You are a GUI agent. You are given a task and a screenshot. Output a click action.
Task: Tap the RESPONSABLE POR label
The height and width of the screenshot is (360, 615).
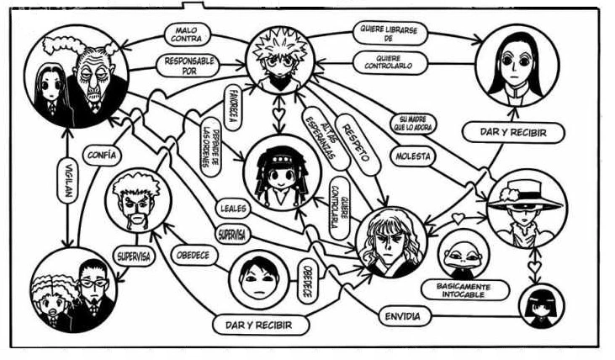pos(187,66)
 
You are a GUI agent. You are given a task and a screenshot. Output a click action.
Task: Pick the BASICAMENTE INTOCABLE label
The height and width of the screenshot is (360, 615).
pos(461,289)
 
